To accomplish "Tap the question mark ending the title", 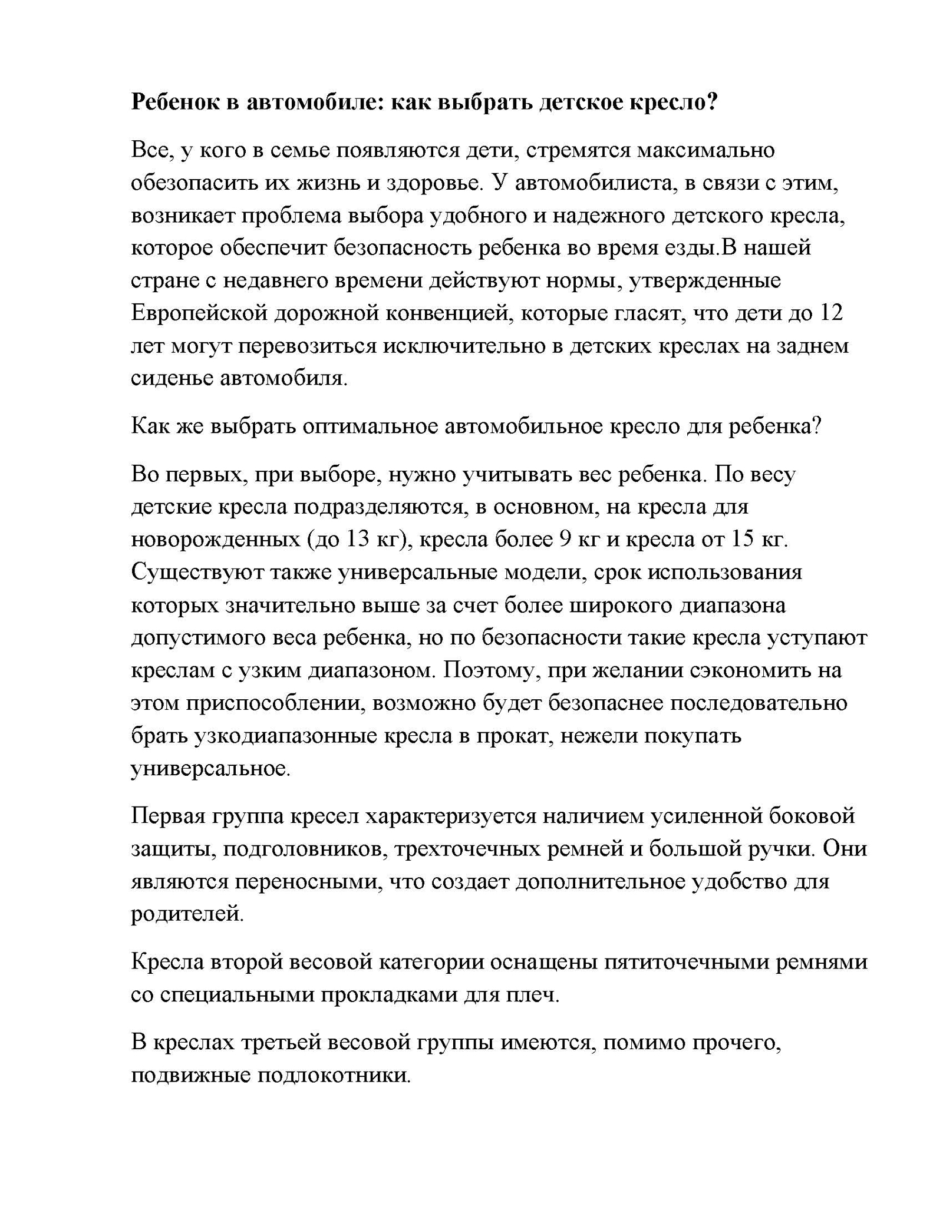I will pyautogui.click(x=713, y=103).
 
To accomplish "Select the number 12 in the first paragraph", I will pyautogui.click(x=831, y=313).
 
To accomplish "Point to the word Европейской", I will pyautogui.click(x=199, y=313).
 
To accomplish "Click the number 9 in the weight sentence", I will pyautogui.click(x=563, y=539).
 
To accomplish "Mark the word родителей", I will pyautogui.click(x=186, y=914).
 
